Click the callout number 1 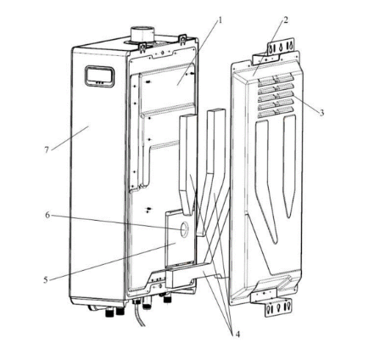[x=220, y=20]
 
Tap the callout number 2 [x=286, y=20]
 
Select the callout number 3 [x=321, y=113]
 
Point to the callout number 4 [x=237, y=335]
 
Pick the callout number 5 [x=46, y=280]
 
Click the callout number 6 [x=47, y=215]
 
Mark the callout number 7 [x=47, y=149]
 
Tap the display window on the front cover [x=99, y=76]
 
